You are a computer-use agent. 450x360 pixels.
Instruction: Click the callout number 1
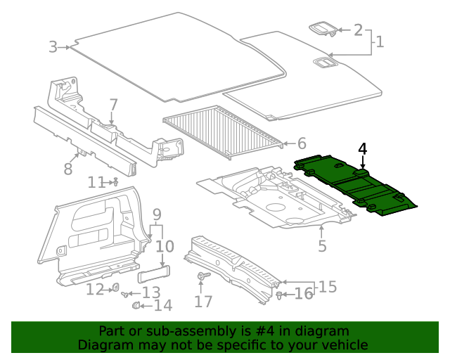380,42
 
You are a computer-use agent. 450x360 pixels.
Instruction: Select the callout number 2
358,30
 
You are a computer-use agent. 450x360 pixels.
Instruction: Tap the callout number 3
53,47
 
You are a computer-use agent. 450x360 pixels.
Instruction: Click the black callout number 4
362,149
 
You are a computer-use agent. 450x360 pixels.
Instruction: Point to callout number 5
322,246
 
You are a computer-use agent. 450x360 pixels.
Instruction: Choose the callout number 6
302,143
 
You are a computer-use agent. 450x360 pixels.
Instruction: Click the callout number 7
113,105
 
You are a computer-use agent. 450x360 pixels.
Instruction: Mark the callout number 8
68,169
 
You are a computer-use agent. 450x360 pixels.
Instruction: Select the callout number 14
162,306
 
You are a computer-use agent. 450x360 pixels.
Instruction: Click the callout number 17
203,302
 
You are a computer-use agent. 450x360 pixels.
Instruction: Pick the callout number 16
303,293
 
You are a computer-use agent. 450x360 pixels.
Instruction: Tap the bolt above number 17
203,276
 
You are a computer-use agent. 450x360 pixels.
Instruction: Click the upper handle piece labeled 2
323,29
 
